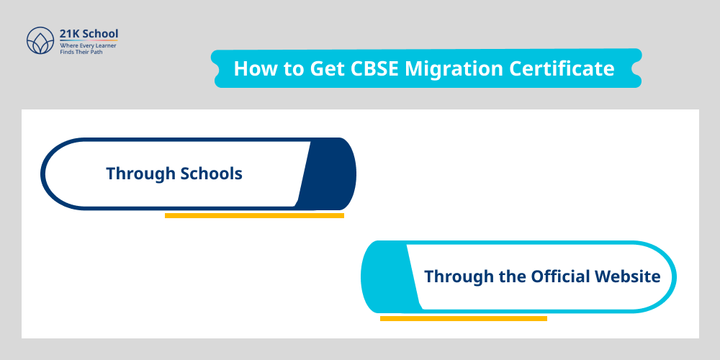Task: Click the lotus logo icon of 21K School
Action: coord(39,41)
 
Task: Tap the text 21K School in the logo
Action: coord(89,33)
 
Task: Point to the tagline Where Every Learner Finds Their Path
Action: coord(87,49)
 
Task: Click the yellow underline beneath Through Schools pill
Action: coord(254,215)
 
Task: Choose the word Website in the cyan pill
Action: coord(628,276)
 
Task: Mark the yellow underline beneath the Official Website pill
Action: coord(463,318)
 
